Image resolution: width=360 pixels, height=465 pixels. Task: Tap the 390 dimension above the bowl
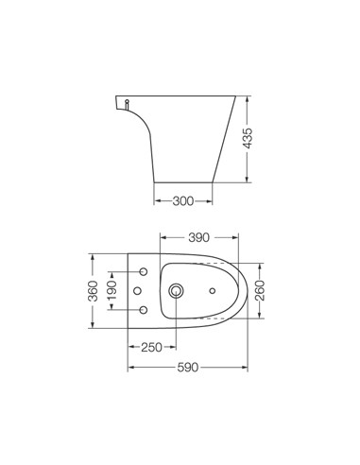pos(197,238)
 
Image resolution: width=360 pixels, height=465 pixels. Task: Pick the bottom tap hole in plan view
pos(143,310)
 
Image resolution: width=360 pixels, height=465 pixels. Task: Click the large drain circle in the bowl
pos(176,290)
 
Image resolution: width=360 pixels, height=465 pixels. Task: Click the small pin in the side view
pos(126,100)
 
